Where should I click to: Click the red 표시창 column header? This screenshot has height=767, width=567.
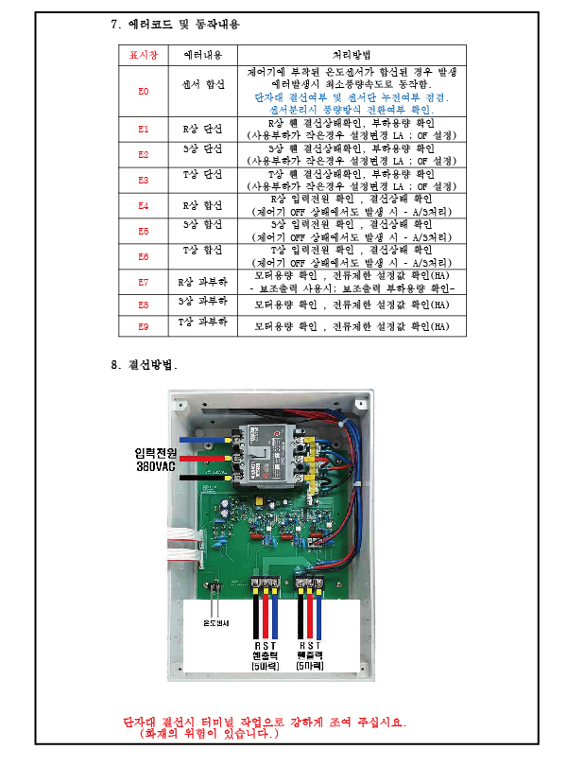[144, 56]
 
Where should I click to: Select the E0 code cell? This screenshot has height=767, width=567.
[144, 91]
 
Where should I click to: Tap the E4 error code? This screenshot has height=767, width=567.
[144, 205]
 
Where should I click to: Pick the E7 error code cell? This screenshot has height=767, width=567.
[144, 282]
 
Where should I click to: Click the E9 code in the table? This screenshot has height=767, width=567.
[144, 326]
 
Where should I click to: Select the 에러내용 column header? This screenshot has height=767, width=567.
[202, 56]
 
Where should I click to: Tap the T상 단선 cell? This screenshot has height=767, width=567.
[202, 175]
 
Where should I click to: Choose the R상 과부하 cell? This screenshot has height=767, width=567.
[202, 281]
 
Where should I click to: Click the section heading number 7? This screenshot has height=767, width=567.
[115, 24]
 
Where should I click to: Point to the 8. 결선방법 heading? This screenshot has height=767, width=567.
[144, 364]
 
